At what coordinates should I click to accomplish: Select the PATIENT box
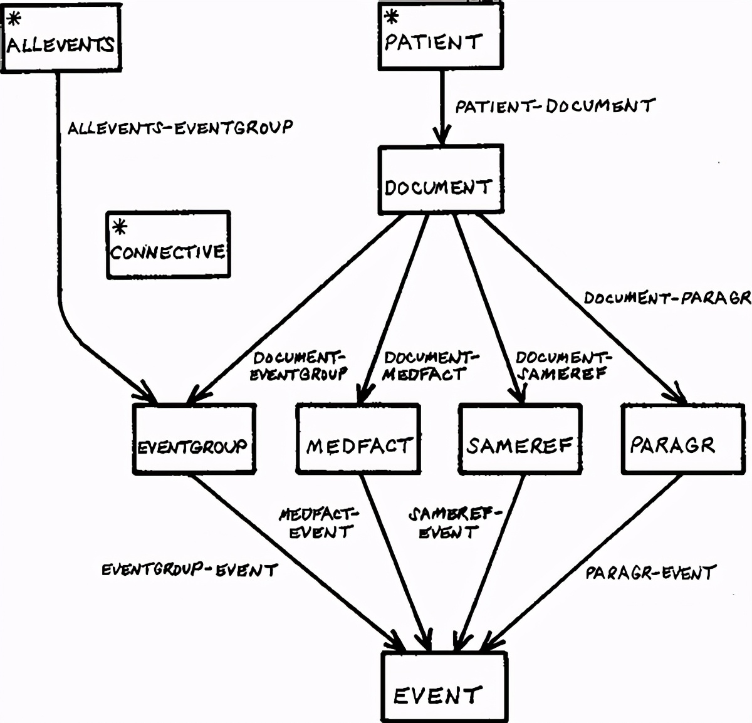coord(441,36)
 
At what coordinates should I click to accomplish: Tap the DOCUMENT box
coord(441,180)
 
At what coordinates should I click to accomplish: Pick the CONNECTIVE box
coord(168,244)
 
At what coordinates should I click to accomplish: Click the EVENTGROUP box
coord(194,439)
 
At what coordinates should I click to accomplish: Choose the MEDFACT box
coord(358,439)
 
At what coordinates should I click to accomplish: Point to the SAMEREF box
coord(520,439)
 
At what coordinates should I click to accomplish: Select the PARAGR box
coord(682,439)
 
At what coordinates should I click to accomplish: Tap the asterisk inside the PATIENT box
coord(391,17)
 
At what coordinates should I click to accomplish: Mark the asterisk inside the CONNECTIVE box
coord(119,226)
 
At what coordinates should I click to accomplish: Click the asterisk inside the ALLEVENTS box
coord(14,19)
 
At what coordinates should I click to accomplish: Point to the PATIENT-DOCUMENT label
coord(555,106)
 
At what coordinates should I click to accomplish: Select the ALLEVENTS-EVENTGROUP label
coord(180,128)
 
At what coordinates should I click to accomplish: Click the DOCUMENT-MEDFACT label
coord(430,367)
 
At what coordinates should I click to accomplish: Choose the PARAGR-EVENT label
coord(650,572)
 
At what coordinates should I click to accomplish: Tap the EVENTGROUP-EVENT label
coord(189,570)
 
